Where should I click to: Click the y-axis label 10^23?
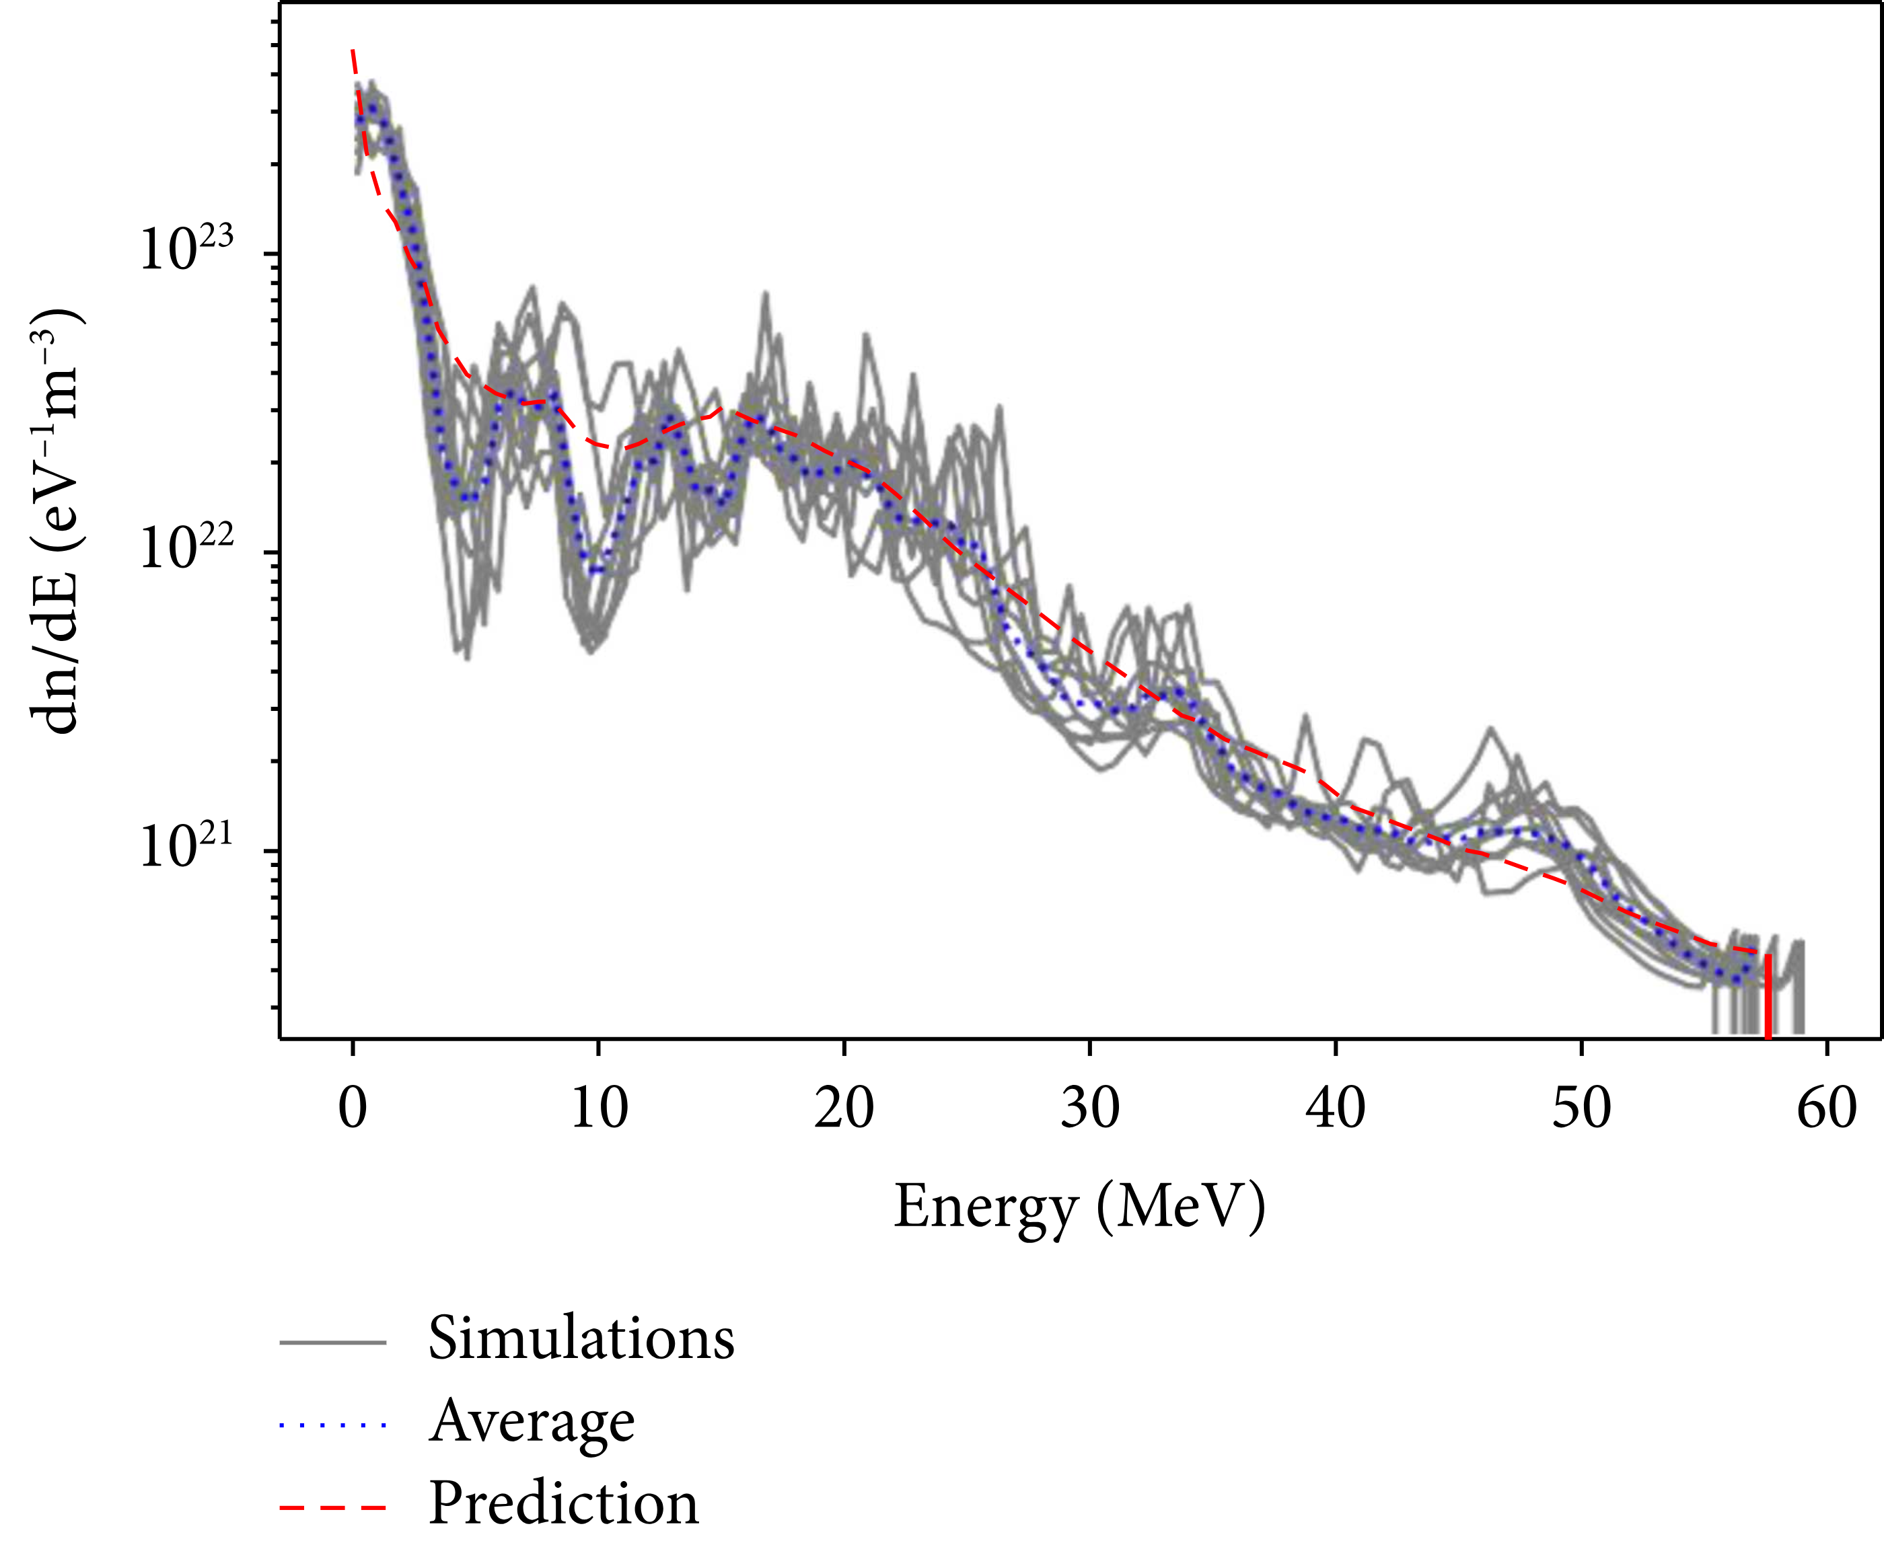coord(185,249)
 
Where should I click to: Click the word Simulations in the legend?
coord(581,1339)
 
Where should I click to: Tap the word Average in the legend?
coord(532,1421)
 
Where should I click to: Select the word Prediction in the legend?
coord(563,1504)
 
